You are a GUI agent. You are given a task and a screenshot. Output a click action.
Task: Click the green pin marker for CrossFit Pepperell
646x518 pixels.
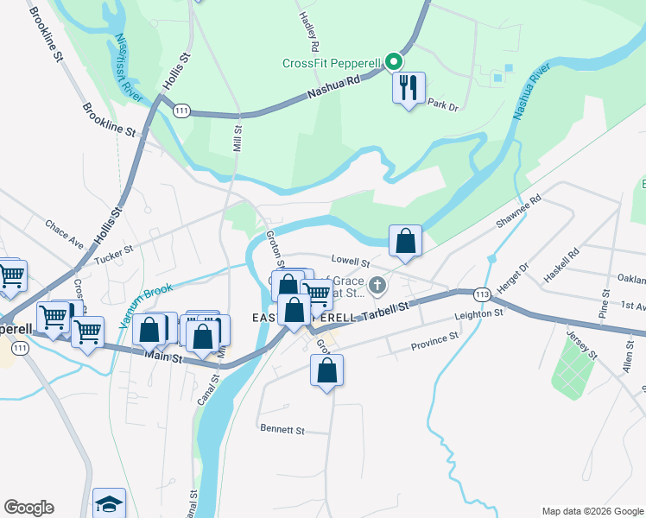coord(394,61)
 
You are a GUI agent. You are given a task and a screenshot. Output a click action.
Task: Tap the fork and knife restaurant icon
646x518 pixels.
coord(408,87)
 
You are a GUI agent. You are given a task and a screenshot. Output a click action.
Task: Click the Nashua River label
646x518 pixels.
coord(531,91)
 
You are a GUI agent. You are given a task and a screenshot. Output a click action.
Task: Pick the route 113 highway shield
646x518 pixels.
coord(482,294)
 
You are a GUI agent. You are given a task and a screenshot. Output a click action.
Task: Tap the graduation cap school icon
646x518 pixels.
coord(109,503)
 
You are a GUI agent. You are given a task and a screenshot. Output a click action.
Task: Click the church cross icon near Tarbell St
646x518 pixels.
coord(377,284)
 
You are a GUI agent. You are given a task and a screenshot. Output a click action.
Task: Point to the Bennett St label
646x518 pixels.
coord(282,429)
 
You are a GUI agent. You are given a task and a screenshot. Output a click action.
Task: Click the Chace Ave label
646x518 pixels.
coord(65,231)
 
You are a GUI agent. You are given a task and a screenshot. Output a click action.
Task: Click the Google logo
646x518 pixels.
coord(28,508)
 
